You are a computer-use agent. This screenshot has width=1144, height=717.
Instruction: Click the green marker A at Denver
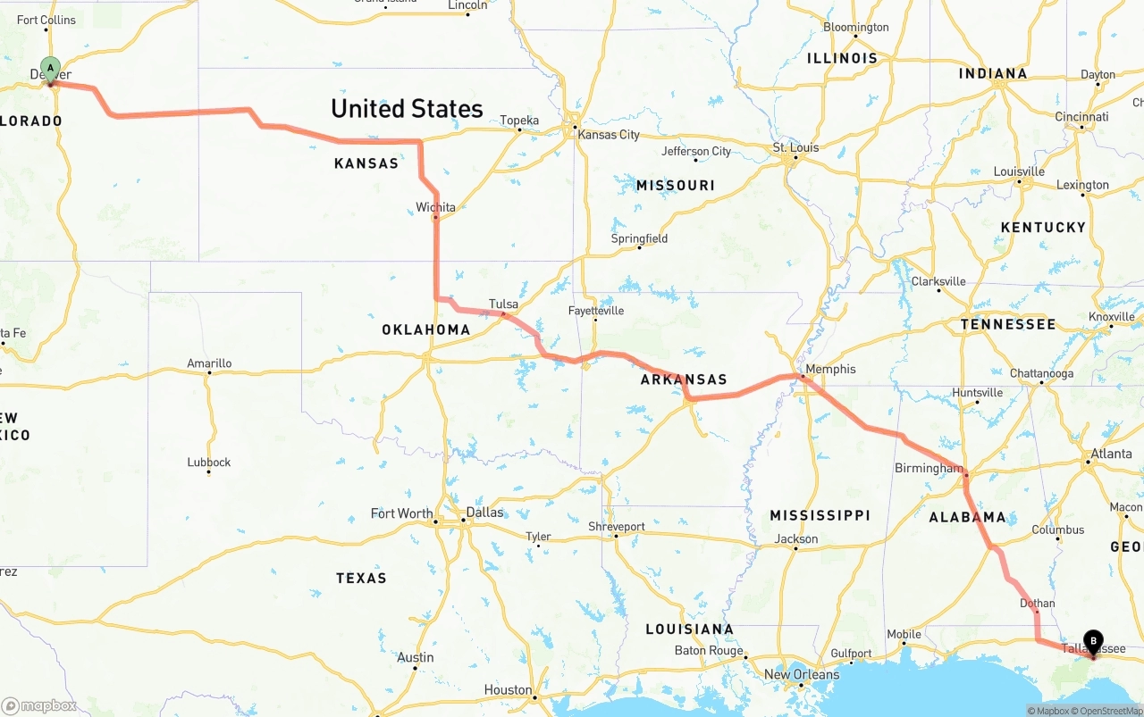(51, 69)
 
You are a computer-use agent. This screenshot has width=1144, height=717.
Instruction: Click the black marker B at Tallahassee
(1092, 640)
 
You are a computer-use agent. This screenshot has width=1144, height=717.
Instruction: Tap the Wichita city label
(435, 207)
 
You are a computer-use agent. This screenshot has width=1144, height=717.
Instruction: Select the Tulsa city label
(503, 304)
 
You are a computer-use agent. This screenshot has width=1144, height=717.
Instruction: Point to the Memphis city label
(830, 369)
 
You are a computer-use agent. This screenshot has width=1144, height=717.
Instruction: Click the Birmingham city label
(929, 468)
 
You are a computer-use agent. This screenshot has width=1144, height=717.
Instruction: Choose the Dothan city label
(1037, 603)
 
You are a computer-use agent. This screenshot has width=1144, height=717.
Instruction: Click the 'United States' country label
(407, 109)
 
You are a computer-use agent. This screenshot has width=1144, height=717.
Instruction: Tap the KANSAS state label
(366, 163)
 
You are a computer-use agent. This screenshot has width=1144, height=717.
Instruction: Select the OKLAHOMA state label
(426, 329)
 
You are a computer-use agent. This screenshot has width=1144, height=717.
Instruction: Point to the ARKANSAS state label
(684, 379)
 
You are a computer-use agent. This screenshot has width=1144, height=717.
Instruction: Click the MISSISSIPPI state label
(820, 515)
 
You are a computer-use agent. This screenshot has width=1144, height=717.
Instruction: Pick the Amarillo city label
(209, 363)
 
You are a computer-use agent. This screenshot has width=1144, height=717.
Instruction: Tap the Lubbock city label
(209, 463)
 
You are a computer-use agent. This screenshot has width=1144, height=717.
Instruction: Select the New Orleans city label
(802, 674)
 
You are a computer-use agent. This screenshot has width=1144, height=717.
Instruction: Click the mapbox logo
(39, 705)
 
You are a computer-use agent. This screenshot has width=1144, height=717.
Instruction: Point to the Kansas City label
(609, 135)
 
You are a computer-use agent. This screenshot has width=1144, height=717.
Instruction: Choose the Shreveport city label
(616, 527)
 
